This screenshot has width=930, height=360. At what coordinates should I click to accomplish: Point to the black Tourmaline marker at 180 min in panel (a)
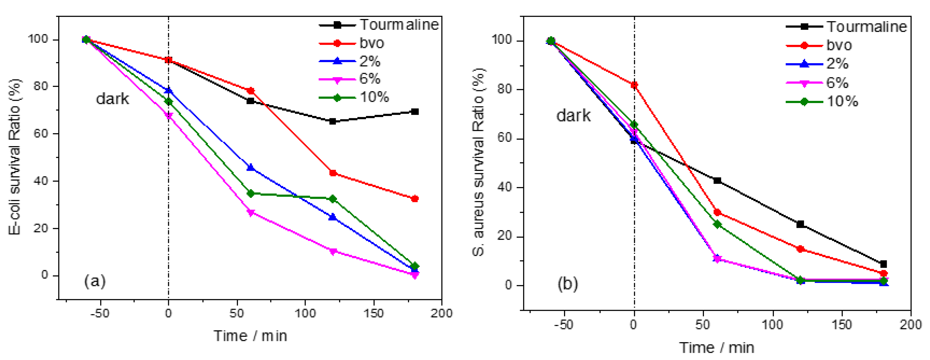[x=415, y=112]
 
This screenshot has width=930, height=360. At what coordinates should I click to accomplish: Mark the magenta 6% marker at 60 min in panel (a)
[x=251, y=213]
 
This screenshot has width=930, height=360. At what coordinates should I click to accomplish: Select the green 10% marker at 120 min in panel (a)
[x=333, y=199]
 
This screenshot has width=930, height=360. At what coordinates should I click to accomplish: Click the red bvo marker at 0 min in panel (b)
[x=634, y=85]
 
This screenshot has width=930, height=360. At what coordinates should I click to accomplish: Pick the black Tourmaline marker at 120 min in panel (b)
[x=800, y=224]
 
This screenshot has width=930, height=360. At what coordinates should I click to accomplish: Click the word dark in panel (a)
[x=112, y=99]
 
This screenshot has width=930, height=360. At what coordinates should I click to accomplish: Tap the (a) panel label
[x=95, y=281]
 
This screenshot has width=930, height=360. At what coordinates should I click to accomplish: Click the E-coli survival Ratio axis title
[x=15, y=157]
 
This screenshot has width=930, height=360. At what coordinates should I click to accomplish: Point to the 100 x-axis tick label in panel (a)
[x=305, y=313]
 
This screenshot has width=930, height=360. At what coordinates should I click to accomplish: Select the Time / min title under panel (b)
[x=717, y=348]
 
